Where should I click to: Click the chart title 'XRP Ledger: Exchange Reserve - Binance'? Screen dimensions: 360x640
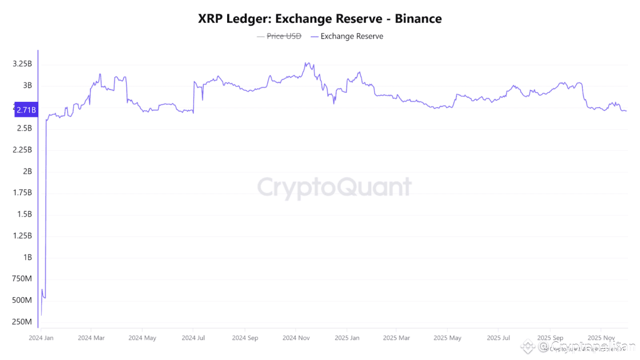pyautogui.click(x=319, y=19)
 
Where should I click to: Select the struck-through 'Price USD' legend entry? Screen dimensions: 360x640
pyautogui.click(x=284, y=36)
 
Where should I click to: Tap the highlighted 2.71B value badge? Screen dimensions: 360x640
pyautogui.click(x=26, y=110)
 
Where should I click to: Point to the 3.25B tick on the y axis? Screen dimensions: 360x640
pyautogui.click(x=22, y=64)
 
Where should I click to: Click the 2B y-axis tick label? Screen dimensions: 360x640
pyautogui.click(x=27, y=171)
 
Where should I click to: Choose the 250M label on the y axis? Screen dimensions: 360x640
pyautogui.click(x=22, y=322)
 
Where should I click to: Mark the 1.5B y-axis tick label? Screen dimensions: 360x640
pyautogui.click(x=24, y=214)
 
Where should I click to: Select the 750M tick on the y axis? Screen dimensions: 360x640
pyautogui.click(x=22, y=278)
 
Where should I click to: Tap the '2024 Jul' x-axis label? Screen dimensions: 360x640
pyautogui.click(x=194, y=338)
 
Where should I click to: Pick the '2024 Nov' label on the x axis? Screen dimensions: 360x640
pyautogui.click(x=297, y=338)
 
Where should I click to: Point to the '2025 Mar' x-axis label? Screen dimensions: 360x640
pyautogui.click(x=396, y=338)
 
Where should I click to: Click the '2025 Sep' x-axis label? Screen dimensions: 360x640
pyautogui.click(x=550, y=338)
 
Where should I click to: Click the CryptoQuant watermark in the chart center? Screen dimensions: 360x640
pyautogui.click(x=334, y=188)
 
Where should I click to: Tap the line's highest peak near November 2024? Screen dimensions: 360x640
pyautogui.click(x=306, y=63)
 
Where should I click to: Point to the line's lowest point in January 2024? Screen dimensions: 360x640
pyautogui.click(x=41, y=315)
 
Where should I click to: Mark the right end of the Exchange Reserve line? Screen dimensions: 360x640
pyautogui.click(x=626, y=111)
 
